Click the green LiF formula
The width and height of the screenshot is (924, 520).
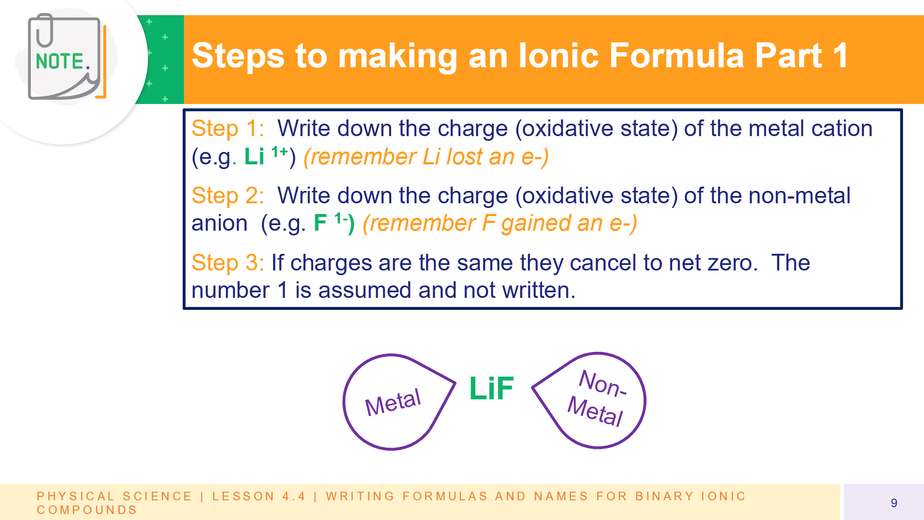(492, 388)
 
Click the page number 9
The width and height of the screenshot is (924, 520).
(894, 503)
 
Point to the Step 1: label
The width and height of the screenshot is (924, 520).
(228, 128)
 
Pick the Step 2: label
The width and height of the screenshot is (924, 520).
(228, 196)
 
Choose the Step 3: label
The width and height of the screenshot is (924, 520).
(228, 263)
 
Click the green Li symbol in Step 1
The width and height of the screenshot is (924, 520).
(254, 156)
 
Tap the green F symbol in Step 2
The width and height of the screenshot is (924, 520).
(320, 223)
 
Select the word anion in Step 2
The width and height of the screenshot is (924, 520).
(219, 223)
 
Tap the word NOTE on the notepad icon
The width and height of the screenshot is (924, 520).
(60, 61)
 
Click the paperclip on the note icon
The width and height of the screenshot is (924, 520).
(44, 30)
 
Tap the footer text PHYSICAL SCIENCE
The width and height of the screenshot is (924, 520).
(114, 496)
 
